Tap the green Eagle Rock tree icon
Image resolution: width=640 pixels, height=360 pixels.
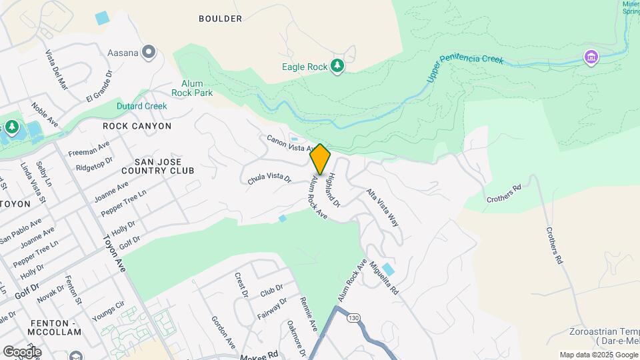tap(338, 65)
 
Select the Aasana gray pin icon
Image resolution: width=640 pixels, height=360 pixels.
tap(148, 51)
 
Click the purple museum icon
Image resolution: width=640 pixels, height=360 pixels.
tap(590, 57)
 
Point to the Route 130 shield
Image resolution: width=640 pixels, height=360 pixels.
tap(353, 318)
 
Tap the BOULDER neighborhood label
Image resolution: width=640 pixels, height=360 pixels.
tap(220, 19)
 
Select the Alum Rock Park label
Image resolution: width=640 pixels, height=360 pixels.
tap(192, 88)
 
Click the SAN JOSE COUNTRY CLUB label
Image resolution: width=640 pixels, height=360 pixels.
tap(164, 166)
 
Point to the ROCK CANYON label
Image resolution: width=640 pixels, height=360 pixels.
tap(137, 126)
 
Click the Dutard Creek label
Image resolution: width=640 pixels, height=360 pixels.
tap(142, 106)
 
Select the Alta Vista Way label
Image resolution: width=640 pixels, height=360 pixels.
tap(383, 207)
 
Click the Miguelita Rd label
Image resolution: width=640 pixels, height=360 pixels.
tap(384, 279)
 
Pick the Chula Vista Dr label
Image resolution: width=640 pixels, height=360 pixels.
tap(269, 179)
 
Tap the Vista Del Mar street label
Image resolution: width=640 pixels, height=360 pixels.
tap(57, 69)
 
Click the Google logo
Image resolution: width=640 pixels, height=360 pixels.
tap(22, 351)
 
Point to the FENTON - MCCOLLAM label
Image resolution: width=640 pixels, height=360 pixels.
tap(56, 327)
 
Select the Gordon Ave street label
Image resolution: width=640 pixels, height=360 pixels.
tap(223, 332)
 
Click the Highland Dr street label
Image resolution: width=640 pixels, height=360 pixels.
tap(334, 189)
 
